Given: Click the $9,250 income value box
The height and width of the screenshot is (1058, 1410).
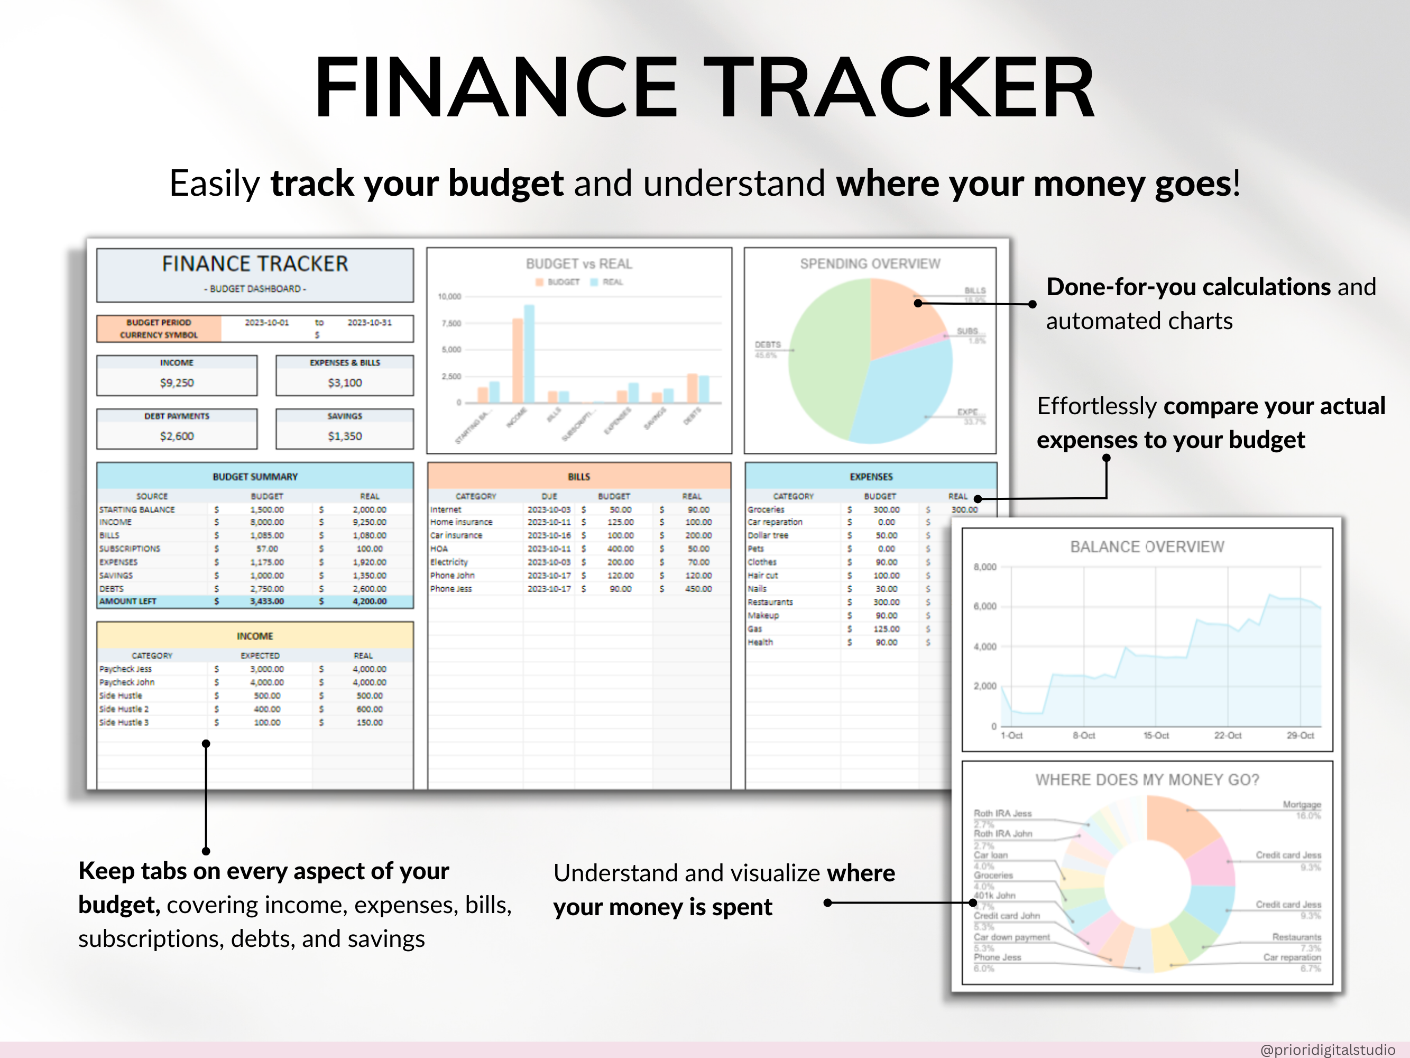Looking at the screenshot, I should (177, 382).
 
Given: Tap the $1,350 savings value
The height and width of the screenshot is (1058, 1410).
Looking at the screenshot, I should (344, 436).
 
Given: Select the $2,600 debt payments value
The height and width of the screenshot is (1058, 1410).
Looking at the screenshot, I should (177, 436).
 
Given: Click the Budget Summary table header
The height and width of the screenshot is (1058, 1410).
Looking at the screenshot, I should (255, 477).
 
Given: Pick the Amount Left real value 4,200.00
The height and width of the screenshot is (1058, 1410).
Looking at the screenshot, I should (369, 601).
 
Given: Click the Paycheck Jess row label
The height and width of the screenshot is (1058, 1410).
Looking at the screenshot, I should (126, 669).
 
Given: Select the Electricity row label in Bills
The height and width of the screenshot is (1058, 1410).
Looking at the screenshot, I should (449, 562).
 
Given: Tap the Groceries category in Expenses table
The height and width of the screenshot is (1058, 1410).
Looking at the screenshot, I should (766, 509).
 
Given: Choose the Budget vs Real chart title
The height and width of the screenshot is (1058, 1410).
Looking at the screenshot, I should (579, 264).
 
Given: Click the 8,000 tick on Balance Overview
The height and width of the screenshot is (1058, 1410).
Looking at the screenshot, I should (984, 567).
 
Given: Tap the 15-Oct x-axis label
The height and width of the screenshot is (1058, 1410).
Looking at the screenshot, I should (1156, 735).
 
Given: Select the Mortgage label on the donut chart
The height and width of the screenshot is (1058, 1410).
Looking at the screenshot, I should (1302, 805).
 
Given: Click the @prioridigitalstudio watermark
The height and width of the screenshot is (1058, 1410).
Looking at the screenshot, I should (1327, 1050).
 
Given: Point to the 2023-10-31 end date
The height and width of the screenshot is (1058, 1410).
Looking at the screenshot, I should (369, 323).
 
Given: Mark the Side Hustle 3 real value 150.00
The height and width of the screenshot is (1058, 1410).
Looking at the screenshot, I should (369, 723).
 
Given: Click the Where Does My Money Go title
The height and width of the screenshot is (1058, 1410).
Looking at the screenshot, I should (1147, 780).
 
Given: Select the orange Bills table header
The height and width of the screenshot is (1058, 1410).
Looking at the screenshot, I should (579, 477).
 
